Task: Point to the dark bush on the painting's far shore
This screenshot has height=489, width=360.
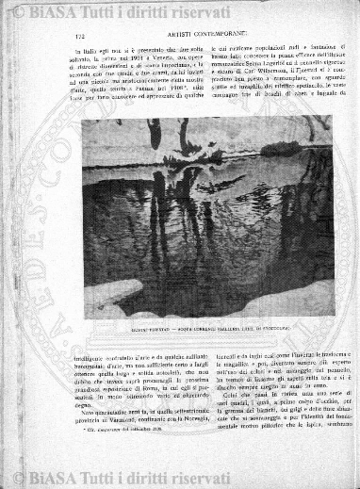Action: pos(179,141)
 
